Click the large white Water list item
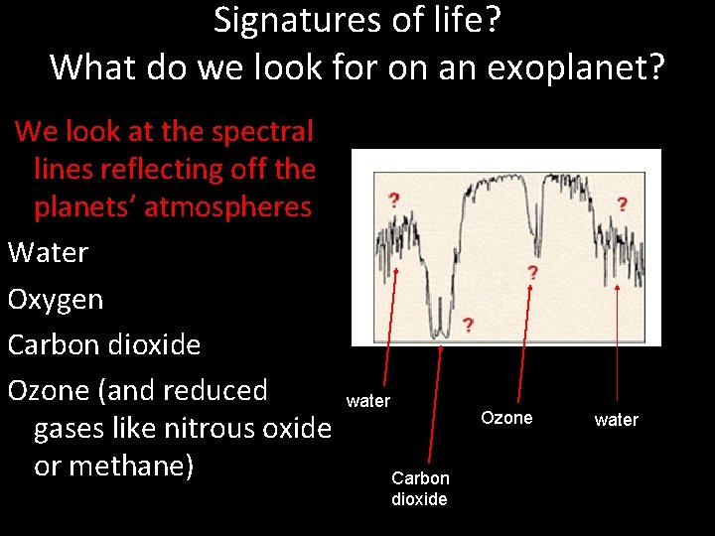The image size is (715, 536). [x=48, y=253]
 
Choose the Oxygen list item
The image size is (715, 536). [x=55, y=300]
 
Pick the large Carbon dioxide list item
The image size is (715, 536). [x=104, y=345]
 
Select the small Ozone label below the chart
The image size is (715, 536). [x=506, y=418]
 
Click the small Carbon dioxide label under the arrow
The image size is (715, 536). [x=419, y=488]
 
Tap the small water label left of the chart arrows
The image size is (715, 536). [x=367, y=401]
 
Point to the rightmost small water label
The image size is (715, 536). [x=616, y=420]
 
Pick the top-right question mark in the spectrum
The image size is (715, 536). [x=622, y=204]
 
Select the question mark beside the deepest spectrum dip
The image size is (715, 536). [x=468, y=326]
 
